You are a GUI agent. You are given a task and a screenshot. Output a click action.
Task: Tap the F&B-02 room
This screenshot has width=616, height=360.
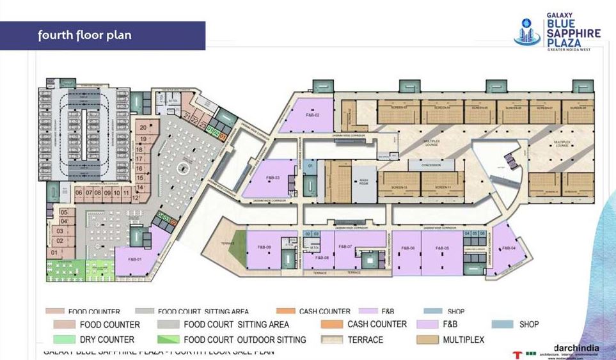308,115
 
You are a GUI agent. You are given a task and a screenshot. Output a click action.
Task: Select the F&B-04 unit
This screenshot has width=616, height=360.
509,247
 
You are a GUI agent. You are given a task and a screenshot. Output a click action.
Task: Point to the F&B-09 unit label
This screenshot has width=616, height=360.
264,247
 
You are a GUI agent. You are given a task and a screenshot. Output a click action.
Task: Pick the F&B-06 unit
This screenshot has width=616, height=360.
408,247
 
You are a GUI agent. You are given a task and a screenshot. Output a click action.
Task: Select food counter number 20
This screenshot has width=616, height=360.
143,127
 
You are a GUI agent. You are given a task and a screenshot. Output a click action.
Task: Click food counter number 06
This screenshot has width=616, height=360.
79,192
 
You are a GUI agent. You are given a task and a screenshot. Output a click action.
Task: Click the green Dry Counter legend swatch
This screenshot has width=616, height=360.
66,340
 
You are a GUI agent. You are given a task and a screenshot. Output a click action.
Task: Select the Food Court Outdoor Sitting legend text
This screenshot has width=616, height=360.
244,340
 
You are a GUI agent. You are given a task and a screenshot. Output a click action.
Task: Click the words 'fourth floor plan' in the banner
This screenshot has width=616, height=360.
84,35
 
